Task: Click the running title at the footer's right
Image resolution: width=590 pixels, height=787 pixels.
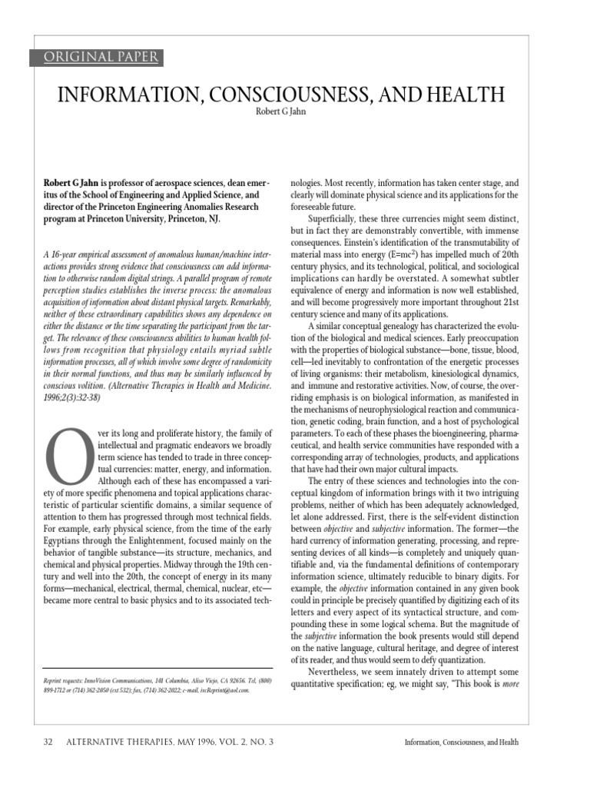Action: pos(461,742)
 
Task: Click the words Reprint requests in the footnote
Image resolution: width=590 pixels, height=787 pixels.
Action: pos(67,680)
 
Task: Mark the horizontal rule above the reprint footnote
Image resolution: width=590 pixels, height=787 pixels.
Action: pos(157,667)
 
